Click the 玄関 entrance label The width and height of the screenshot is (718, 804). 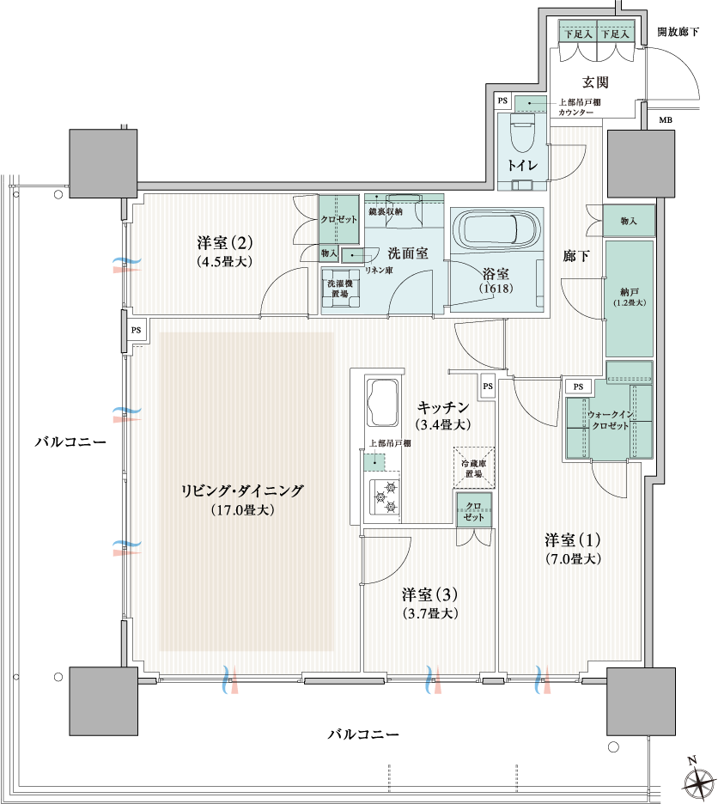tap(595, 82)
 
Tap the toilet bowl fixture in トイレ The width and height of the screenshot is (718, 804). tap(523, 133)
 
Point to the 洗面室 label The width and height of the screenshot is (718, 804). tap(408, 253)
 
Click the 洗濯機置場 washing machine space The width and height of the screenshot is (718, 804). tap(340, 289)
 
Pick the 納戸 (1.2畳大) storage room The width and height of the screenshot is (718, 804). tap(630, 298)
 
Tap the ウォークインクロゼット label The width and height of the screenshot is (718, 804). tap(611, 420)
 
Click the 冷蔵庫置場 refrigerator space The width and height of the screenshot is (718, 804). tap(474, 468)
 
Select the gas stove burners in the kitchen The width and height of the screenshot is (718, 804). tap(385, 496)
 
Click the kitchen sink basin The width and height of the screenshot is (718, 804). tap(381, 403)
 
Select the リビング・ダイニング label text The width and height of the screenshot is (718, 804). tap(242, 490)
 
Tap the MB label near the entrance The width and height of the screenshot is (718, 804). tap(665, 120)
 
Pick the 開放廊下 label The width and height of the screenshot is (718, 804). tap(678, 32)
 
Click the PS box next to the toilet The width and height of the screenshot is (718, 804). tap(502, 101)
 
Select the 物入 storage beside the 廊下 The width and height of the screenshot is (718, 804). tap(629, 221)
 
